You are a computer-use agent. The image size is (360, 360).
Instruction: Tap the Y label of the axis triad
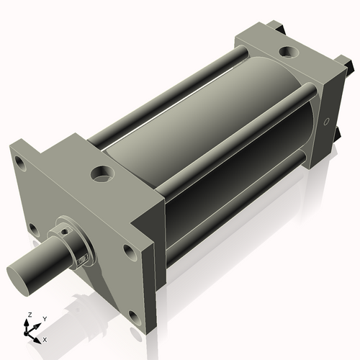(44, 318)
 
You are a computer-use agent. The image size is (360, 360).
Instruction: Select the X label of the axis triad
(45, 338)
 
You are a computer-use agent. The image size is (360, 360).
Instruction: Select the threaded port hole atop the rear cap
(288, 52)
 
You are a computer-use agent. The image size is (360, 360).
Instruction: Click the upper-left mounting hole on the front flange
(21, 165)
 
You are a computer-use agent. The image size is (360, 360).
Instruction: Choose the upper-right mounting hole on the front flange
(129, 251)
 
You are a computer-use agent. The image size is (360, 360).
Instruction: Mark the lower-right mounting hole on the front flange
(134, 315)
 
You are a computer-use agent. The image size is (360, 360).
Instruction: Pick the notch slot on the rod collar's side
(85, 257)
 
